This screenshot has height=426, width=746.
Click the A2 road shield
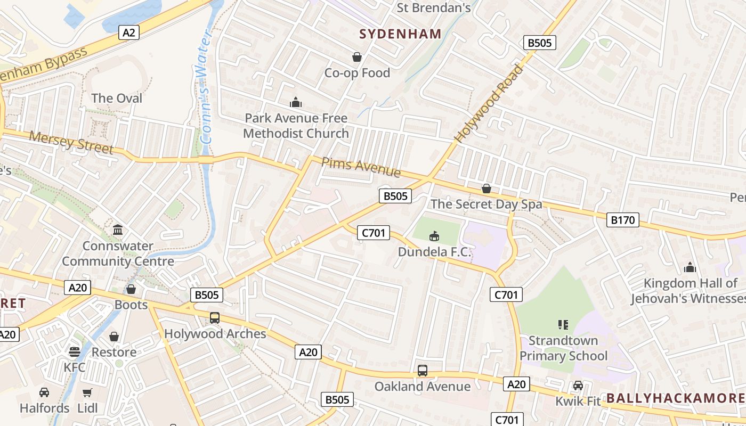click(128, 32)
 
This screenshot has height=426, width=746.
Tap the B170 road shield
click(622, 219)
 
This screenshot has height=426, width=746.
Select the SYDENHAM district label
click(400, 34)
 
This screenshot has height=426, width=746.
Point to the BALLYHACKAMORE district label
click(675, 398)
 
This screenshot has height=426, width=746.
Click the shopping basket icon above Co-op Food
click(356, 56)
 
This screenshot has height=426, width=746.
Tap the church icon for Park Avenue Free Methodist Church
click(295, 102)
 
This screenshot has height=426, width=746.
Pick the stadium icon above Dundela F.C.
click(434, 235)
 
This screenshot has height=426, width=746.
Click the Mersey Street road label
click(71, 143)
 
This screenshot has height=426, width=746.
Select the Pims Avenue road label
click(361, 167)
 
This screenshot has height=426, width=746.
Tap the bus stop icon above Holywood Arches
click(214, 318)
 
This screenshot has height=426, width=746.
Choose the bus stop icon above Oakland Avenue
click(423, 370)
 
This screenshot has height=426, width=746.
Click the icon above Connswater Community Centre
click(118, 230)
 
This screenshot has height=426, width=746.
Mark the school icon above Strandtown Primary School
click(563, 324)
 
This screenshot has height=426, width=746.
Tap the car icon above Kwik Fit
click(578, 385)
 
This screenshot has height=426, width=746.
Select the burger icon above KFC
click(74, 352)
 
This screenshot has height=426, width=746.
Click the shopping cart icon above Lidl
click(87, 392)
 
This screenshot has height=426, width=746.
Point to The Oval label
click(117, 98)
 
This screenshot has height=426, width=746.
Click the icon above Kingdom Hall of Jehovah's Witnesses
click(690, 267)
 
